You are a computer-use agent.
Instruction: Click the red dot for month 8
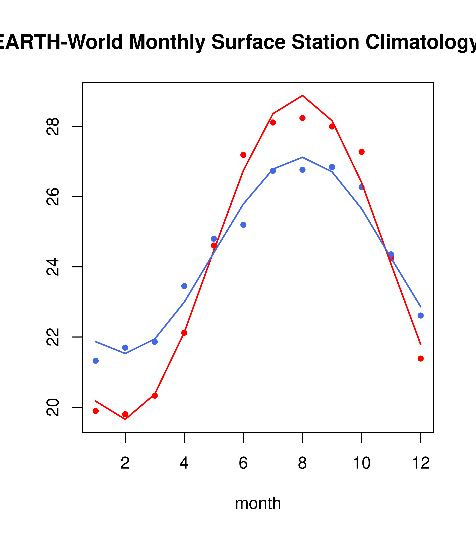click(302, 118)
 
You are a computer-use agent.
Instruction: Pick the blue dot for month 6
click(243, 225)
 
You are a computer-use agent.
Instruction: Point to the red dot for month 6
click(243, 155)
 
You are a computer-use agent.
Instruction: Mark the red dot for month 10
click(361, 152)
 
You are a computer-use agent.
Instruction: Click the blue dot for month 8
click(302, 170)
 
